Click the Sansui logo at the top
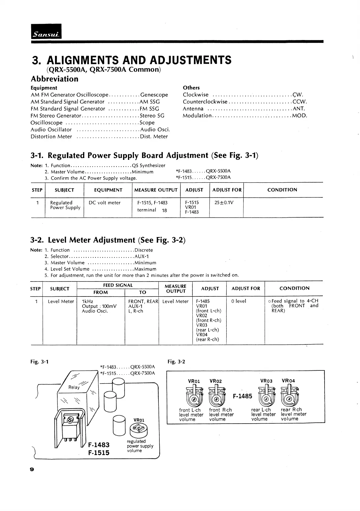tap(46, 31)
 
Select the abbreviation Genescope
tap(154, 95)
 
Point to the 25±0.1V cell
tap(222, 202)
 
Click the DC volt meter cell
tap(104, 203)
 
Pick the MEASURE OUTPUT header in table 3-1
tap(156, 190)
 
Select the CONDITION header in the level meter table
tap(294, 288)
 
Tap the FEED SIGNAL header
tap(118, 285)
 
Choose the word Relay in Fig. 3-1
tap(74, 387)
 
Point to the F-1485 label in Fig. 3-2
tap(242, 396)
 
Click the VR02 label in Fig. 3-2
tap(216, 381)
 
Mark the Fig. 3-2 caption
tap(176, 362)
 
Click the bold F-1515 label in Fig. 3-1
tap(99, 453)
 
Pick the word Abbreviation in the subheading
tap(55, 79)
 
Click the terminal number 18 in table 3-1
tap(164, 210)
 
